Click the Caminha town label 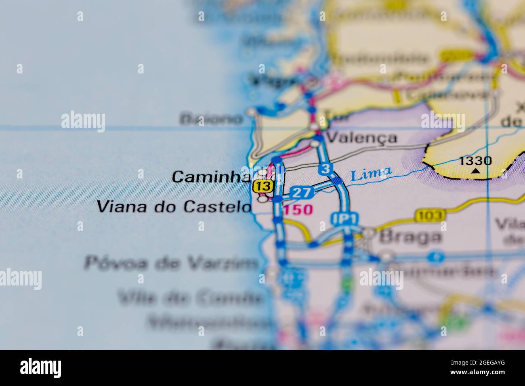click(210, 176)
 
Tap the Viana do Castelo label click(174, 207)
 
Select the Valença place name click(361, 138)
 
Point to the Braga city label click(410, 237)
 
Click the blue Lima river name click(370, 174)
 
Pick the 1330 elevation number click(476, 161)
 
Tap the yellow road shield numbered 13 click(263, 186)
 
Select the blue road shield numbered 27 click(302, 193)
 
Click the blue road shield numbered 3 click(325, 169)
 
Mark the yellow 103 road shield click(430, 215)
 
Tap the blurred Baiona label click(212, 119)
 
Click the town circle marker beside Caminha click(263, 173)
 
